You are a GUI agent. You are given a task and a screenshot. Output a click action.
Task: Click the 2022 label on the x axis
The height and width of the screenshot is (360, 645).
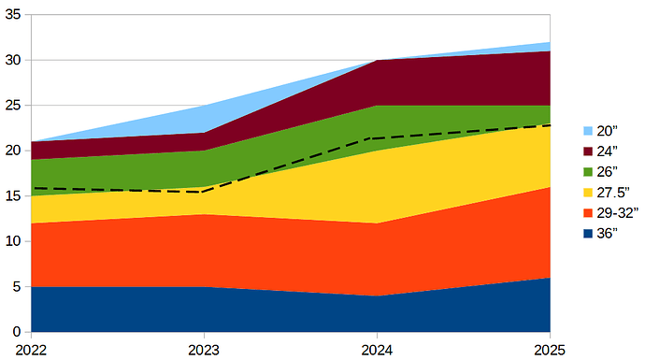pyautogui.click(x=31, y=349)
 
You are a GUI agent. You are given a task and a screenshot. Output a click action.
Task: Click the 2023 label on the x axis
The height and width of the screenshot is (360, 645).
pyautogui.click(x=204, y=349)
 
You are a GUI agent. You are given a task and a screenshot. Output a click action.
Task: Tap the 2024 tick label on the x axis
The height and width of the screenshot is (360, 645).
pyautogui.click(x=377, y=349)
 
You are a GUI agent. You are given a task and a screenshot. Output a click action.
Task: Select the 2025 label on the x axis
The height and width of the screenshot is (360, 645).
pyautogui.click(x=549, y=349)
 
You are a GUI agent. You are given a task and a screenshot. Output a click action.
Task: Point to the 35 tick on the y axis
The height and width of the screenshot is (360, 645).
pyautogui.click(x=13, y=14)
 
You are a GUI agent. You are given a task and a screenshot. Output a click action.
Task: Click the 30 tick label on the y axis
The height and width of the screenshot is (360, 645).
pyautogui.click(x=13, y=60)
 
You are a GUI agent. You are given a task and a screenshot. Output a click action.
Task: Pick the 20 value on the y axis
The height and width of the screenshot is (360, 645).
pyautogui.click(x=13, y=151)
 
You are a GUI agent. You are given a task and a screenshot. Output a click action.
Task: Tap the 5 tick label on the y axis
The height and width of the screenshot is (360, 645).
pyautogui.click(x=17, y=286)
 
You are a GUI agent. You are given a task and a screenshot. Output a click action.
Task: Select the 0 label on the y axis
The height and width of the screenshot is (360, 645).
pyautogui.click(x=17, y=332)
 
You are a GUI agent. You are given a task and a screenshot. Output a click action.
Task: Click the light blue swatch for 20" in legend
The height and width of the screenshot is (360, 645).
pyautogui.click(x=588, y=131)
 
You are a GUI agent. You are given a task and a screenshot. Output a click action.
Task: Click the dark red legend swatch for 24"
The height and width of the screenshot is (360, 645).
pyautogui.click(x=588, y=151)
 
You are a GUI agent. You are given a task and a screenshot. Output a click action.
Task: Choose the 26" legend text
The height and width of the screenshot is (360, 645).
pyautogui.click(x=608, y=172)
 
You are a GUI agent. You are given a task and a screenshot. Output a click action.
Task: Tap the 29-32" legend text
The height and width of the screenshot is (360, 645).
pyautogui.click(x=617, y=213)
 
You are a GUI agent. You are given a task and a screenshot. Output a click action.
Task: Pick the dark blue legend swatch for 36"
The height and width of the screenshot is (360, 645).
pyautogui.click(x=588, y=234)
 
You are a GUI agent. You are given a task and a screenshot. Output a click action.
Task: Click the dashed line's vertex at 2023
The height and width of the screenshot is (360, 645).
pyautogui.click(x=204, y=192)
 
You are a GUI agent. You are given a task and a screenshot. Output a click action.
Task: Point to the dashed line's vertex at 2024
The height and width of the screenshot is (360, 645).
pyautogui.click(x=377, y=137)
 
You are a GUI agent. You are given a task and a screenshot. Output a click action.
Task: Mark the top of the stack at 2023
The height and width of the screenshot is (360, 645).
pyautogui.click(x=204, y=105)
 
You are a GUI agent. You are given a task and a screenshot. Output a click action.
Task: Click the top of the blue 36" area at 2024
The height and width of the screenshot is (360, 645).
pyautogui.click(x=377, y=295)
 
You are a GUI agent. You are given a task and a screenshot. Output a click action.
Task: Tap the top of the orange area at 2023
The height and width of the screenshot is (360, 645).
pyautogui.click(x=204, y=214)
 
